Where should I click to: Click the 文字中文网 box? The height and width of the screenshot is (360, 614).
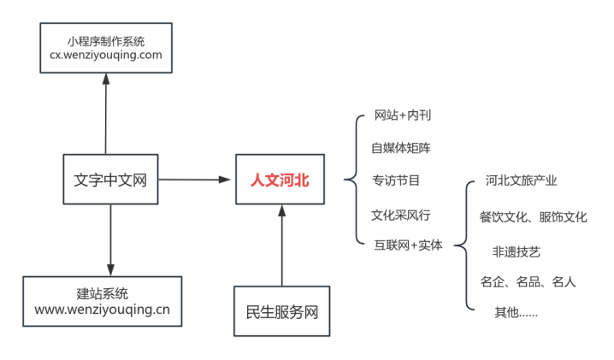click(111, 180)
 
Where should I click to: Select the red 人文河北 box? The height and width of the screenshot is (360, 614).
click(280, 180)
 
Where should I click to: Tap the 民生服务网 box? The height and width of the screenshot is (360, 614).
click(281, 312)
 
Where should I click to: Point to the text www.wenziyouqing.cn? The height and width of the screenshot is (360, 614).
click(102, 310)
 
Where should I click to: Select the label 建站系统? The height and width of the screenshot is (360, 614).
click(102, 293)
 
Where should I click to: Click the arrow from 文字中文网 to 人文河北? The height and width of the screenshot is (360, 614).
click(196, 180)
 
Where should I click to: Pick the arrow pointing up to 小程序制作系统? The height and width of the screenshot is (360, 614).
click(105, 111)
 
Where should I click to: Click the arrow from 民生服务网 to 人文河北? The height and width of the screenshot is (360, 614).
click(281, 244)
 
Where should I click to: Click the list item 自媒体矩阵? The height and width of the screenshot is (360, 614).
click(400, 148)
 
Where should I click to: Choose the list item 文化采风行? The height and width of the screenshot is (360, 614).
click(400, 214)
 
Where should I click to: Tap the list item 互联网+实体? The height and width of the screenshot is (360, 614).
click(408, 245)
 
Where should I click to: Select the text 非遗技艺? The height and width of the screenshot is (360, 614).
click(516, 252)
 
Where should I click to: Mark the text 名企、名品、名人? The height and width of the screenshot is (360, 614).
click(528, 281)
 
